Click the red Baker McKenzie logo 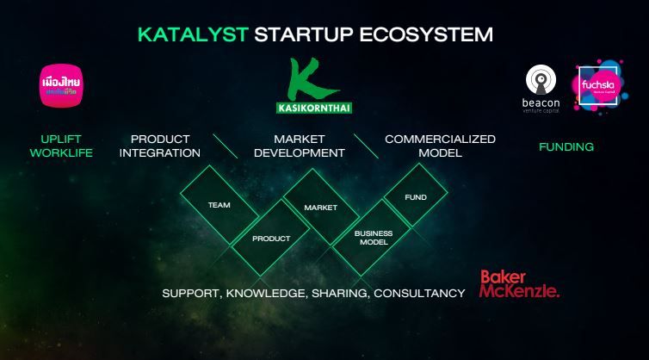coord(519,283)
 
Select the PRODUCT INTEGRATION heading coord(160,146)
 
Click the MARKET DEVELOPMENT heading coord(297,146)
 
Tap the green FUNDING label coord(566,146)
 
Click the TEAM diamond coord(219,205)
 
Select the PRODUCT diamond coord(271,239)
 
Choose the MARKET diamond coord(320,207)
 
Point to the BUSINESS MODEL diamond coord(374,238)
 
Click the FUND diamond coord(416,197)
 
